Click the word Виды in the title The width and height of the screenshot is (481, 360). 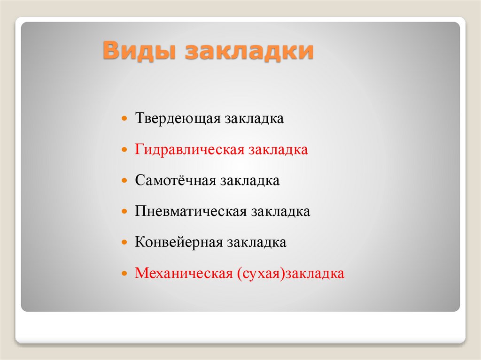click(x=139, y=50)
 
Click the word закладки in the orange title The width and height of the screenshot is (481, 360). click(x=249, y=50)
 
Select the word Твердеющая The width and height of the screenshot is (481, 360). click(x=178, y=118)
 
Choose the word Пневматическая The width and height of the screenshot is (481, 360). click(x=191, y=211)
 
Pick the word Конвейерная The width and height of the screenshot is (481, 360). click(x=179, y=242)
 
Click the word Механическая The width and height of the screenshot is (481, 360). click(x=184, y=273)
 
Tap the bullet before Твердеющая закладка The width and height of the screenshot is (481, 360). click(x=124, y=118)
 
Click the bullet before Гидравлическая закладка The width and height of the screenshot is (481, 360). click(x=124, y=150)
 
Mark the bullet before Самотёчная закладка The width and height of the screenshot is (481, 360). click(x=124, y=180)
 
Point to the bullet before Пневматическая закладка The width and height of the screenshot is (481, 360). click(x=124, y=211)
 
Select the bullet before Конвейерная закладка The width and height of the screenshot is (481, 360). click(x=124, y=242)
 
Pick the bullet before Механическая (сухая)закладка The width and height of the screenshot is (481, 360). click(x=124, y=273)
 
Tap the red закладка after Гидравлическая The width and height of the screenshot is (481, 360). click(x=278, y=150)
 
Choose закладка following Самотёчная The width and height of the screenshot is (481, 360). click(x=250, y=181)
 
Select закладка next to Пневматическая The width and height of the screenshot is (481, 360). click(x=280, y=212)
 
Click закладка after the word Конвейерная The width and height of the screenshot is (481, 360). click(x=257, y=243)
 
